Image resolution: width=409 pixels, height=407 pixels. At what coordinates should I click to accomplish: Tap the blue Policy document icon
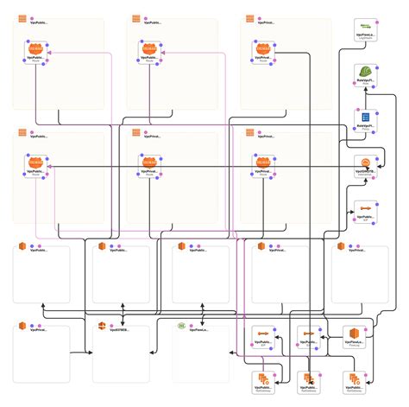pos(366,117)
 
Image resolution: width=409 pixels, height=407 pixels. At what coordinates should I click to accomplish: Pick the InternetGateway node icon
pos(366,163)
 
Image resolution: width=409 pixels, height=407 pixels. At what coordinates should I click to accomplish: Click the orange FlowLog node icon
pos(352,334)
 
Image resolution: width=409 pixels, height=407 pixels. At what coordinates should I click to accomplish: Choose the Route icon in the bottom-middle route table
pos(149,162)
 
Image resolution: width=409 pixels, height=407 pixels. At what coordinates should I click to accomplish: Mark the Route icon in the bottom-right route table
pos(262,162)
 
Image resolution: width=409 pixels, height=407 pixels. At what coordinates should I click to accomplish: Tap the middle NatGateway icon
pos(307,379)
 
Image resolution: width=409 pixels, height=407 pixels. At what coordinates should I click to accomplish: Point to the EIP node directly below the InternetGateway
pos(366,209)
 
